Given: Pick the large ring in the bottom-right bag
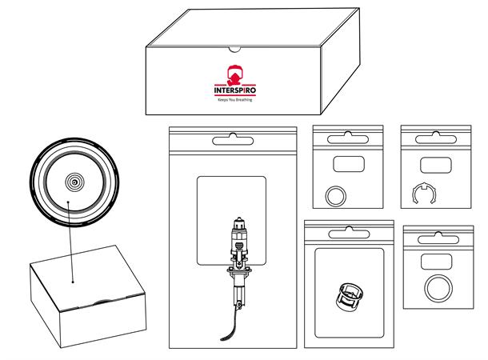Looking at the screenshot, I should coord(438,286).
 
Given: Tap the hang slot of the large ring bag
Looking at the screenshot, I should coord(437,238).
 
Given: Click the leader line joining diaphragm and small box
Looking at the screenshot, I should coord(70,240).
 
